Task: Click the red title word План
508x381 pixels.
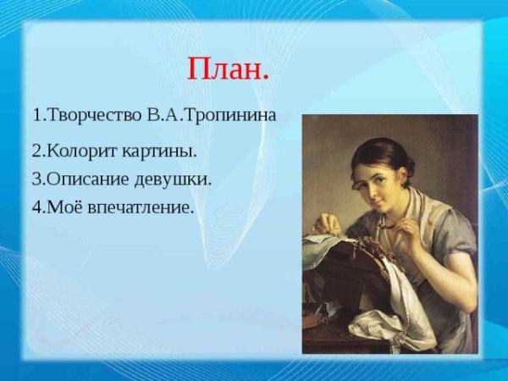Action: pyautogui.click(x=228, y=69)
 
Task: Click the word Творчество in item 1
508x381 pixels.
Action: pyautogui.click(x=89, y=115)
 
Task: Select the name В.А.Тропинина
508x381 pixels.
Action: pyautogui.click(x=212, y=115)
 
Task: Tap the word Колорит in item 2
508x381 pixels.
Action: pyautogui.click(x=80, y=152)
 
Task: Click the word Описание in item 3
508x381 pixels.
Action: pyautogui.click(x=85, y=179)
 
